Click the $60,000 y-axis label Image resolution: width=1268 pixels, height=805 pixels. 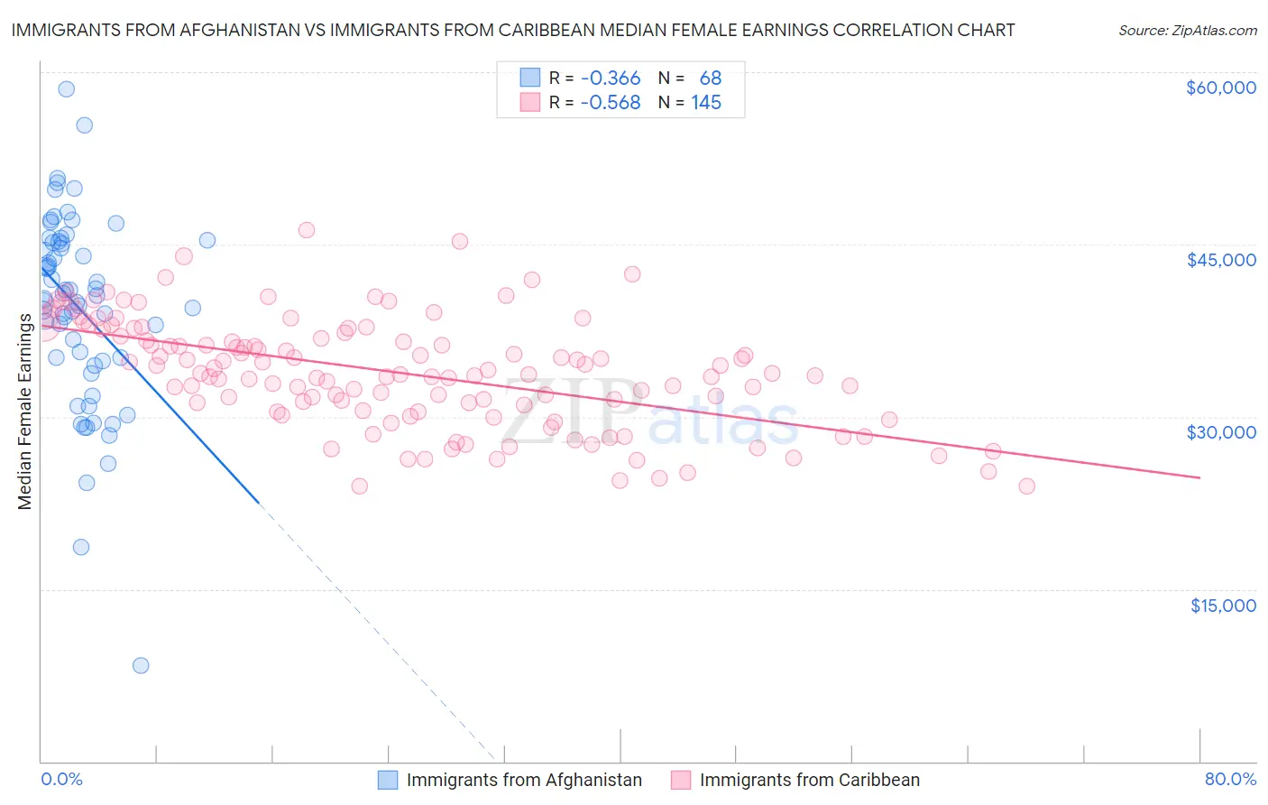click(x=1220, y=88)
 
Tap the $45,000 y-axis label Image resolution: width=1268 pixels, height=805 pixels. click(x=1220, y=260)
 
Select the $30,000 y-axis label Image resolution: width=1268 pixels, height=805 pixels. click(x=1220, y=432)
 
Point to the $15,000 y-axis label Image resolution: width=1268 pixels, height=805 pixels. click(x=1223, y=606)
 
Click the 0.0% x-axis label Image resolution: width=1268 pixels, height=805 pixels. click(x=61, y=779)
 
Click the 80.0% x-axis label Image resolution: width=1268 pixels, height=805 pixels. click(x=1230, y=779)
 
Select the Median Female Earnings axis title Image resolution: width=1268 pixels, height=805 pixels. click(x=25, y=412)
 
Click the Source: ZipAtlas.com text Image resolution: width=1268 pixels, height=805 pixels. click(x=1187, y=30)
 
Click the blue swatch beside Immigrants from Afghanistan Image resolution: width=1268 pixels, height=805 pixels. click(x=388, y=780)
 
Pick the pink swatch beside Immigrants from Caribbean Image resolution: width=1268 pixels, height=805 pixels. click(x=681, y=780)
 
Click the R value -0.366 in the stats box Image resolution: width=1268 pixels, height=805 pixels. click(x=611, y=79)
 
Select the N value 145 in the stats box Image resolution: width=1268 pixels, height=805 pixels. click(x=706, y=103)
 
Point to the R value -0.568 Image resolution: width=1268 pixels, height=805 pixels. click(x=611, y=103)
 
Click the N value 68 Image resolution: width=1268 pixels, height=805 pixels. click(x=711, y=79)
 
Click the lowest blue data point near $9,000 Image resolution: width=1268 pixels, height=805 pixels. click(x=141, y=665)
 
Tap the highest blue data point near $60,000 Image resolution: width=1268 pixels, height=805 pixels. click(x=66, y=88)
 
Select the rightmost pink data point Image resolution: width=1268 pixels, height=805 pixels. click(x=1026, y=486)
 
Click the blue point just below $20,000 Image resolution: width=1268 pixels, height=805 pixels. click(x=81, y=547)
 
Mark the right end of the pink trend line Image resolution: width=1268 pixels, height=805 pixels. click(x=1199, y=477)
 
